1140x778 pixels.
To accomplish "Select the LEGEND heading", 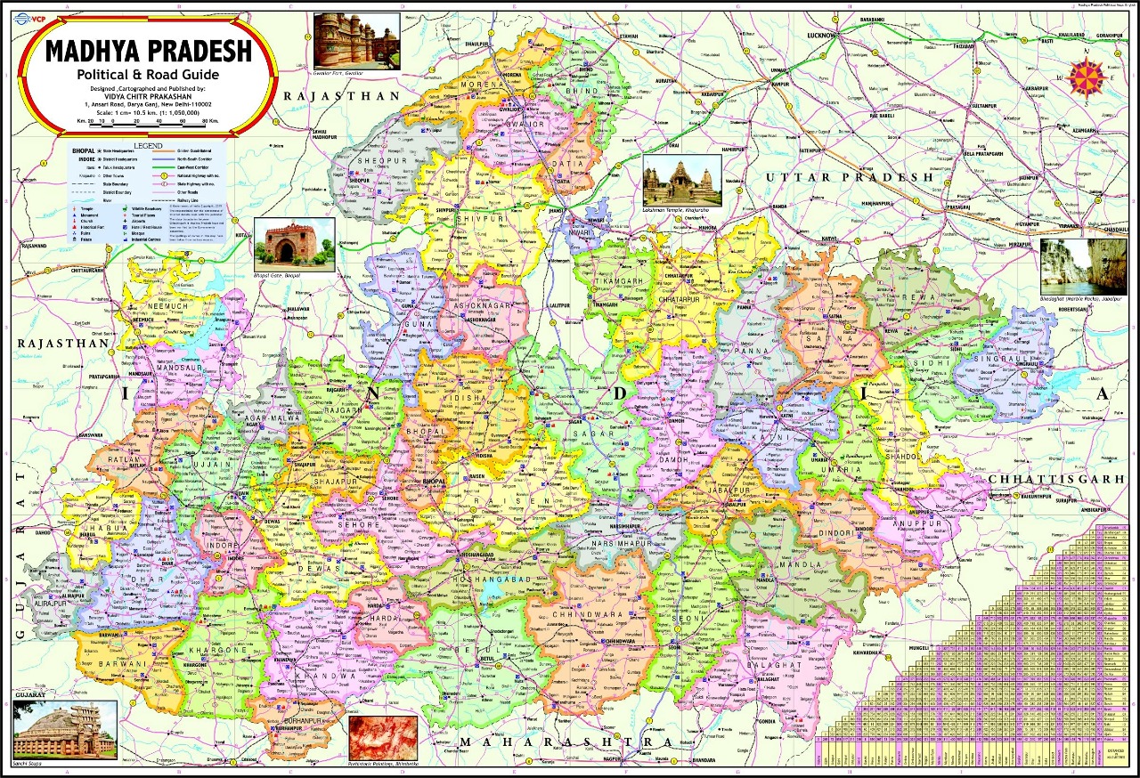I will (148, 145).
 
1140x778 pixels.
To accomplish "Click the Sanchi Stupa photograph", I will (65, 728).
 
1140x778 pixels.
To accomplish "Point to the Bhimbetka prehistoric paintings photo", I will (382, 735).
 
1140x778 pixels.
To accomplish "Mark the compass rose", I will (1088, 78).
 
